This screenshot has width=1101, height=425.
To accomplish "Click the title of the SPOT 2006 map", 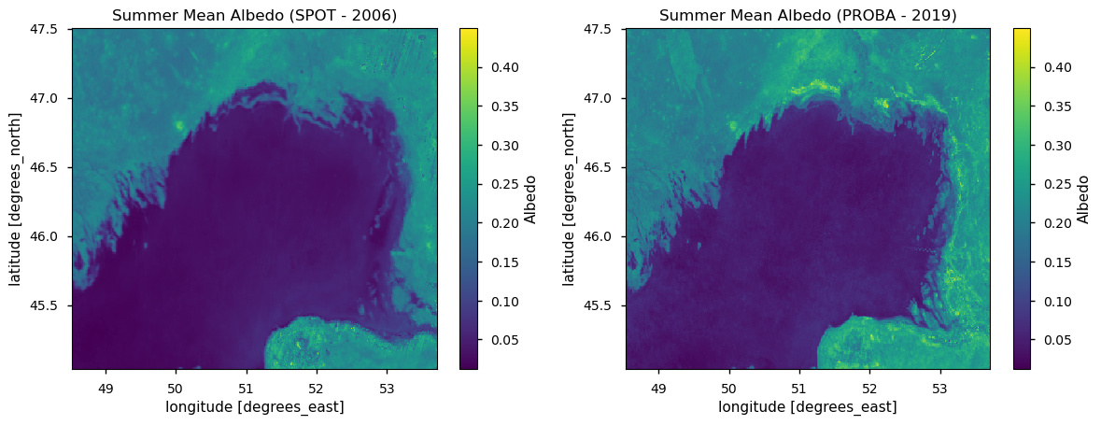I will (x=254, y=15).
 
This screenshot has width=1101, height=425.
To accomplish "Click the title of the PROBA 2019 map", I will (x=808, y=15).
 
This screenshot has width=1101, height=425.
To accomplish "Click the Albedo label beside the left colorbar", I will (x=530, y=199).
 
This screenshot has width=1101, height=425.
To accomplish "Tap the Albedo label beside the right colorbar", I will (x=1083, y=199).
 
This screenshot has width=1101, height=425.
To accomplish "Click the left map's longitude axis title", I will (x=254, y=406).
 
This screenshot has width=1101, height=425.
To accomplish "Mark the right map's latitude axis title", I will (x=570, y=199).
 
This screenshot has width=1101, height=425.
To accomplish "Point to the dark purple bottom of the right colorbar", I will (x=1022, y=365).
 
